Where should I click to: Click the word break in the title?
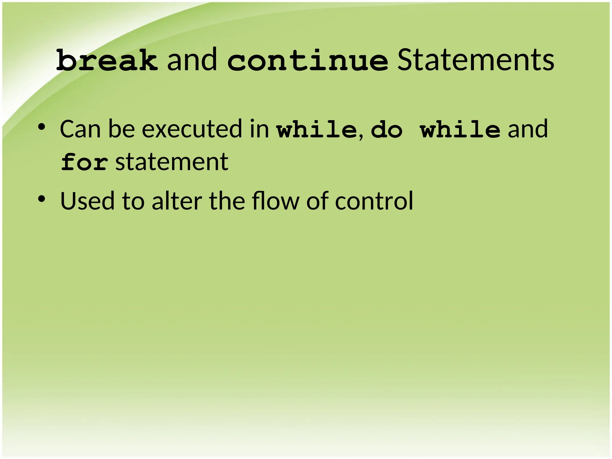tap(107, 61)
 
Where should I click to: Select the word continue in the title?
tap(307, 61)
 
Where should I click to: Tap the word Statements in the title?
tap(475, 61)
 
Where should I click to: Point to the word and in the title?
tap(192, 61)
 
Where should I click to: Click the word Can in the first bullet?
tap(80, 129)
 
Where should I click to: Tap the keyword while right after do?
tap(460, 130)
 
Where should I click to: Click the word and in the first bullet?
tap(528, 129)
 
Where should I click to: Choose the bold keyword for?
tap(84, 162)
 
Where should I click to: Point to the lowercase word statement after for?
tap(172, 162)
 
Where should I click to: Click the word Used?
tap(87, 201)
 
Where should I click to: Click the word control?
tap(374, 201)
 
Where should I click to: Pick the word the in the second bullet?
tap(227, 201)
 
